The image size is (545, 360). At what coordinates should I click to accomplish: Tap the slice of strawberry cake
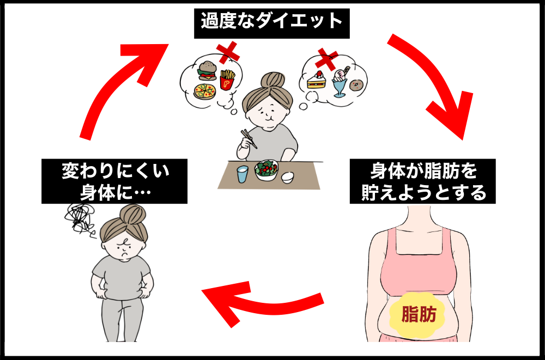[316, 81]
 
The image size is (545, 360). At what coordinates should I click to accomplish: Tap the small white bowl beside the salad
[287, 177]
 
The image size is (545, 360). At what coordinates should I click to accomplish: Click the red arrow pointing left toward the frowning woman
[262, 302]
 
